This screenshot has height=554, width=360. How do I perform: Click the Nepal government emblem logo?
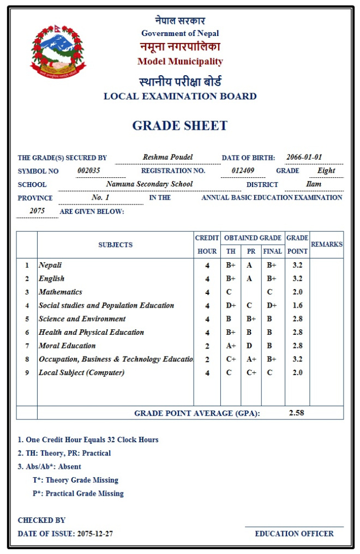pos(58,51)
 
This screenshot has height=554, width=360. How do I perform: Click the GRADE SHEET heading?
pos(179,126)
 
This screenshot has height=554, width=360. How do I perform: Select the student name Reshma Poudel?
pos(168,157)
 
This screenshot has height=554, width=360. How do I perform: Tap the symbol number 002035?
pos(89,171)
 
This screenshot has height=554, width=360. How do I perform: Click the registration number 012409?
pos(243,171)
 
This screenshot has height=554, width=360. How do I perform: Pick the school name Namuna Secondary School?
pos(149,184)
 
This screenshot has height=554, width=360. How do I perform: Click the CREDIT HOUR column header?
pos(207,244)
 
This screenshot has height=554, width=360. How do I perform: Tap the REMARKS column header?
pos(327,244)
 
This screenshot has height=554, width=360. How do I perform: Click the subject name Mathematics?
pos(60,292)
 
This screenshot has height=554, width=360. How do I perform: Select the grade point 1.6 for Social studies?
pos(297,305)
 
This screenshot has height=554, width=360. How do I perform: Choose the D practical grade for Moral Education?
pos(251,346)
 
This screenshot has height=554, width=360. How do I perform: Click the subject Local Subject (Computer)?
pos(81,372)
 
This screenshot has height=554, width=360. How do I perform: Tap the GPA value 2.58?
pos(296,413)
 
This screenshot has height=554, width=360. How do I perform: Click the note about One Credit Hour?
pos(88,439)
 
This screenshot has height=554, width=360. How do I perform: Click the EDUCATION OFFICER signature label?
pos(294,534)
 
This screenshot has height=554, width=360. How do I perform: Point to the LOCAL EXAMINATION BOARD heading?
pos(180,97)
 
